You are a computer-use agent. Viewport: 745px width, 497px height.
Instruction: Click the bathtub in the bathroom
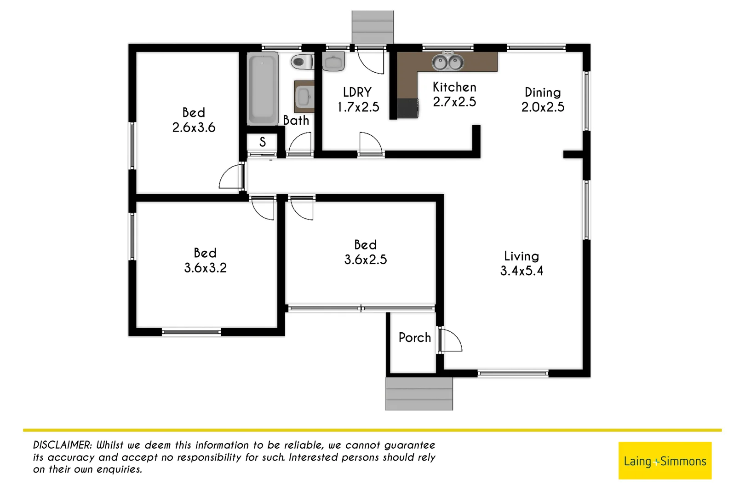click(x=262, y=88)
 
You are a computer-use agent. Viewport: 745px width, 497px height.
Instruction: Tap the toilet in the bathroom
click(x=302, y=62)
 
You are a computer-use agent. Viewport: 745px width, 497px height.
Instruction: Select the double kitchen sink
click(x=447, y=62)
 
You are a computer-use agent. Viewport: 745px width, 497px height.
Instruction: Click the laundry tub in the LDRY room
click(x=333, y=62)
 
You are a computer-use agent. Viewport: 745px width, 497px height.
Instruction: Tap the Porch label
click(x=415, y=338)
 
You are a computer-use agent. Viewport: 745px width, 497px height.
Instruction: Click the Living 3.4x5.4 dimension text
click(x=521, y=271)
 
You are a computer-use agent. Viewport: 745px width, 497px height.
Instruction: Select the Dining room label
click(x=543, y=92)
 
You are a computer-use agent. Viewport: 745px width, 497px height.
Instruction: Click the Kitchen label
click(x=454, y=87)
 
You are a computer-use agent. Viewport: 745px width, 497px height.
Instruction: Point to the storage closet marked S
click(x=263, y=142)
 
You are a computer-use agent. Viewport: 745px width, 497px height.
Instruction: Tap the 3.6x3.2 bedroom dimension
click(x=206, y=268)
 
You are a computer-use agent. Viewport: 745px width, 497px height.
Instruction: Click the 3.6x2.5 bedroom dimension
click(x=366, y=260)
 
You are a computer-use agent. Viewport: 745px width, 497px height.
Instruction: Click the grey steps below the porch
click(x=419, y=394)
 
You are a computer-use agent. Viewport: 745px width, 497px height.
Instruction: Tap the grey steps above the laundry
click(x=372, y=27)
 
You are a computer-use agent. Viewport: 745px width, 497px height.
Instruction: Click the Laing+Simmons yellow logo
click(x=665, y=461)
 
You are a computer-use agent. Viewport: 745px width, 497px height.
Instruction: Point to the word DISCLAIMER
click(x=63, y=445)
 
